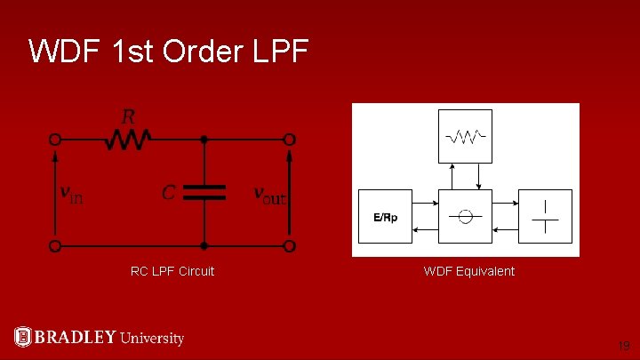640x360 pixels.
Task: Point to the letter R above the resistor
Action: pos(129,117)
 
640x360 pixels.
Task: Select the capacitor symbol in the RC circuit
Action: pos(204,193)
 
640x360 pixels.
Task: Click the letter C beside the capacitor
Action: pos(168,193)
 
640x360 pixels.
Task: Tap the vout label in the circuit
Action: pos(269,194)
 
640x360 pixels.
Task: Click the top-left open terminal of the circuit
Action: pos(55,140)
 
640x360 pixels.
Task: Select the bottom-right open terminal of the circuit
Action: pos(290,245)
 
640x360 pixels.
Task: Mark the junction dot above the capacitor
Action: pos(204,140)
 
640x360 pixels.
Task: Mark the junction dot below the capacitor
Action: pos(204,245)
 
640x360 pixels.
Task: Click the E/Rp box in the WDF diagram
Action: pos(385,216)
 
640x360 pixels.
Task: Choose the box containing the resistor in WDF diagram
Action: pos(465,136)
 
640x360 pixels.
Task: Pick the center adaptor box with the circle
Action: pos(465,216)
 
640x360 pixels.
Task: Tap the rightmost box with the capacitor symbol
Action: pos(545,216)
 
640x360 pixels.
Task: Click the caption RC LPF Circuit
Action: pos(172,271)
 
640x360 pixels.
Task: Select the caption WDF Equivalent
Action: pos(468,271)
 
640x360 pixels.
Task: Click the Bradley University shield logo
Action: pos(23,337)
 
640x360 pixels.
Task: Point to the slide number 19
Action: pos(624,345)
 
